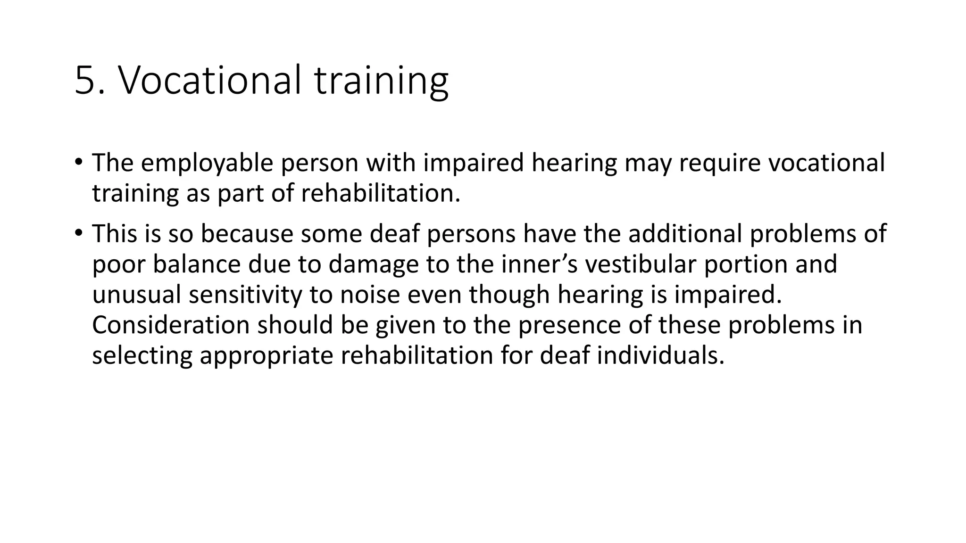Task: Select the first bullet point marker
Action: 78,162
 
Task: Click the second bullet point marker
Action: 78,232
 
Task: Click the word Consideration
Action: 170,325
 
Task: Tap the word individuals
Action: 660,356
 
